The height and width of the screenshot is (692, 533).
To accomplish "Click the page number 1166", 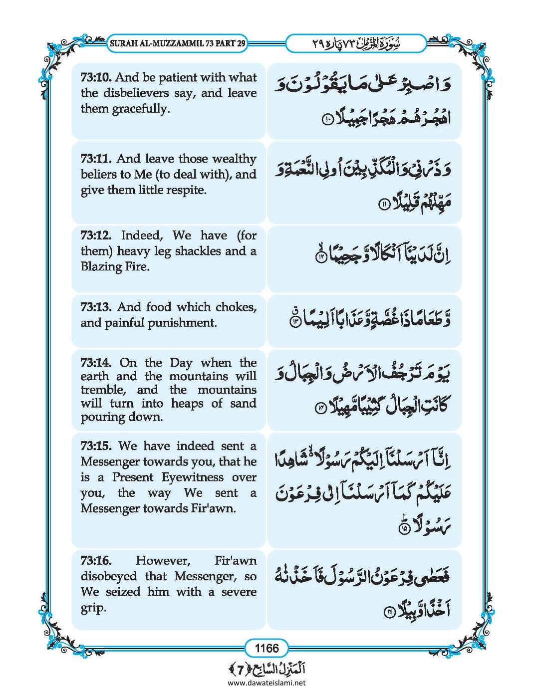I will pyautogui.click(x=266, y=649).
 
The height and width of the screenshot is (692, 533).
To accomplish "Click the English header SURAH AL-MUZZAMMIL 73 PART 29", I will pyautogui.click(x=177, y=43).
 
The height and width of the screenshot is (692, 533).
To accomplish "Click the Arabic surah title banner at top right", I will pyautogui.click(x=355, y=43).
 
